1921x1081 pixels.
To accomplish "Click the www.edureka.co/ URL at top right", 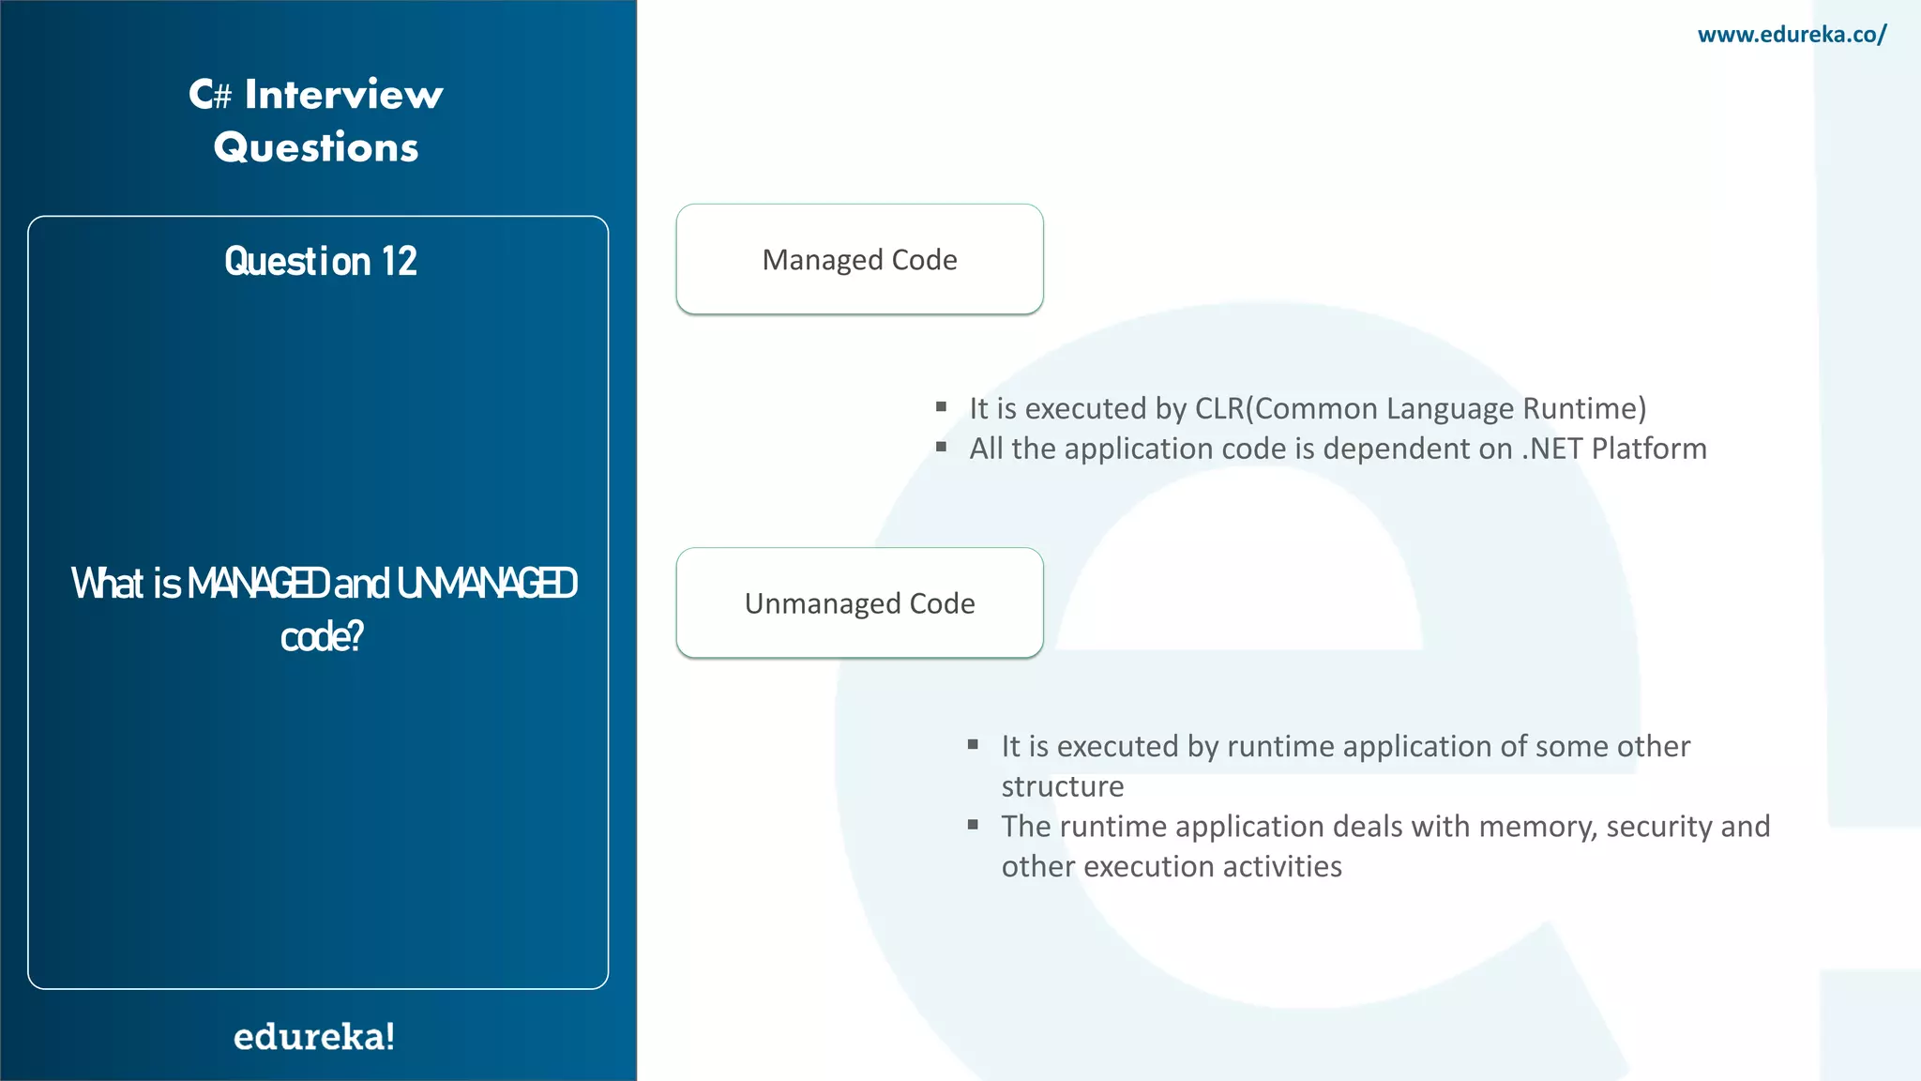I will click(1792, 35).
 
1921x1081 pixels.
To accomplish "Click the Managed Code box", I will click(859, 259).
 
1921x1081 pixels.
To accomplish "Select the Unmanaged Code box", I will click(859, 602).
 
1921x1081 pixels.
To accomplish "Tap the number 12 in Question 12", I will click(399, 261).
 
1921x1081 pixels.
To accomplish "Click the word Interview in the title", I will click(343, 95).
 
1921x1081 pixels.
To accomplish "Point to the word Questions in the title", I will click(316, 147).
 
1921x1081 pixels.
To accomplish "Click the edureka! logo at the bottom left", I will click(314, 1037).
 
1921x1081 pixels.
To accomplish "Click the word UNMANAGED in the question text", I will click(487, 584).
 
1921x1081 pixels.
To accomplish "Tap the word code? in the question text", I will click(321, 637).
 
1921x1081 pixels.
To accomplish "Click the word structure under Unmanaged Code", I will click(1062, 786).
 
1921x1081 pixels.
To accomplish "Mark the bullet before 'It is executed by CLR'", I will click(941, 406).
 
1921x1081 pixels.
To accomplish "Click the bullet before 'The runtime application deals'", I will click(973, 825).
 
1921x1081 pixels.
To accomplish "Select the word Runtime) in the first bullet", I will click(1584, 409).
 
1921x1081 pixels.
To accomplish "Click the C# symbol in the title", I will click(210, 95).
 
